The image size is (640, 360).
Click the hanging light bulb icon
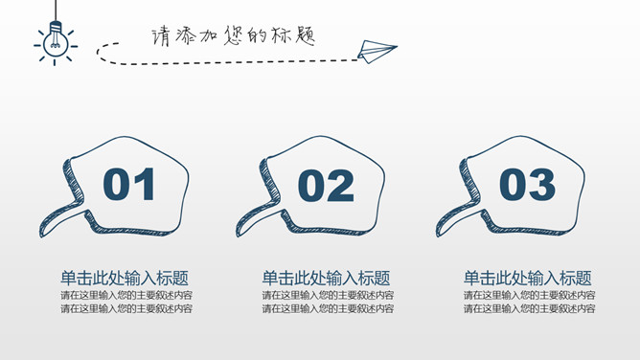point(56,42)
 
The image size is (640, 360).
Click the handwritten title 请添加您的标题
point(233,35)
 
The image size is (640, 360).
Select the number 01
point(129,185)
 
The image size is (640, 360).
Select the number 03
point(527,185)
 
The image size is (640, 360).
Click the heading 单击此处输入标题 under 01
point(125,278)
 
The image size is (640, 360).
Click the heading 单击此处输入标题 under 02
point(326,278)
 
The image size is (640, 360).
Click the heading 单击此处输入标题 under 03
point(528,278)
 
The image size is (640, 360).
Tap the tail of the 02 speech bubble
point(255,214)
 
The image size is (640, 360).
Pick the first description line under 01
point(126,296)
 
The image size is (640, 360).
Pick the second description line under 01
point(126,309)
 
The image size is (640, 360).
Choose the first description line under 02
point(328,296)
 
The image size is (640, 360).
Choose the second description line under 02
point(328,309)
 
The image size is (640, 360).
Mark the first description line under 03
point(530,296)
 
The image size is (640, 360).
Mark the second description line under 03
point(530,309)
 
